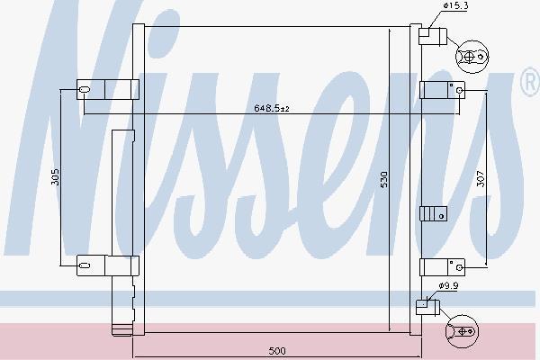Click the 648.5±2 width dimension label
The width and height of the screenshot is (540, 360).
[272, 108]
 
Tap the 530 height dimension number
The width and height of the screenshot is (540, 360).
[383, 179]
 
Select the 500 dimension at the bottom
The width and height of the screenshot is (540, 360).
[277, 351]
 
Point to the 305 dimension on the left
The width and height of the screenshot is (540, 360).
[55, 176]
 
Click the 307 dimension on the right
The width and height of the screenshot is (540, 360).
[481, 179]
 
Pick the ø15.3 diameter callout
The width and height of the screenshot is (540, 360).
[455, 5]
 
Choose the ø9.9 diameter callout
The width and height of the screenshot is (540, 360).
[448, 285]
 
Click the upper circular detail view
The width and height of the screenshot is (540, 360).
[472, 57]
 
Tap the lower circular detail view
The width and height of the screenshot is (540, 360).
[463, 331]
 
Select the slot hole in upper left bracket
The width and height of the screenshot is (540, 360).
[85, 90]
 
